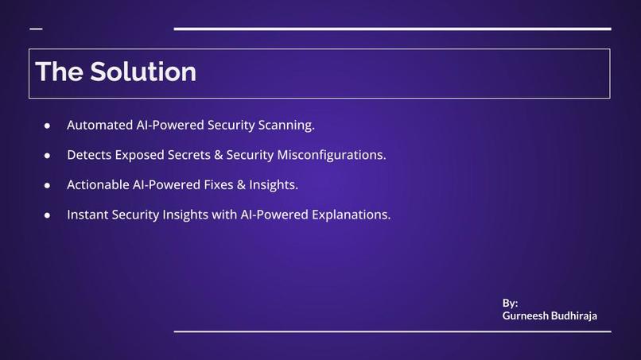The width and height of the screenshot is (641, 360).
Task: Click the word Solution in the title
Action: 143,72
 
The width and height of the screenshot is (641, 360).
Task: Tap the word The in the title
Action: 59,72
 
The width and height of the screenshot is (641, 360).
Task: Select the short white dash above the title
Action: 36,29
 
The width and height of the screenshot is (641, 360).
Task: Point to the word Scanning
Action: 286,125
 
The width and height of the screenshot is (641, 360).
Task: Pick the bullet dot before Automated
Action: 48,126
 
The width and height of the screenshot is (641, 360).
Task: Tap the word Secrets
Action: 188,155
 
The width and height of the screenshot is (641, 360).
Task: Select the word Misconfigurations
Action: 331,155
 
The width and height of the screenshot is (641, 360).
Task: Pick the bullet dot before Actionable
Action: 48,185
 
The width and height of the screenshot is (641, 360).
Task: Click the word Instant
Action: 87,215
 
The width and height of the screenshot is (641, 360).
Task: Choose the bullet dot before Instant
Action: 48,215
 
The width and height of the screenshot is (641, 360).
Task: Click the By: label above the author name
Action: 510,303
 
